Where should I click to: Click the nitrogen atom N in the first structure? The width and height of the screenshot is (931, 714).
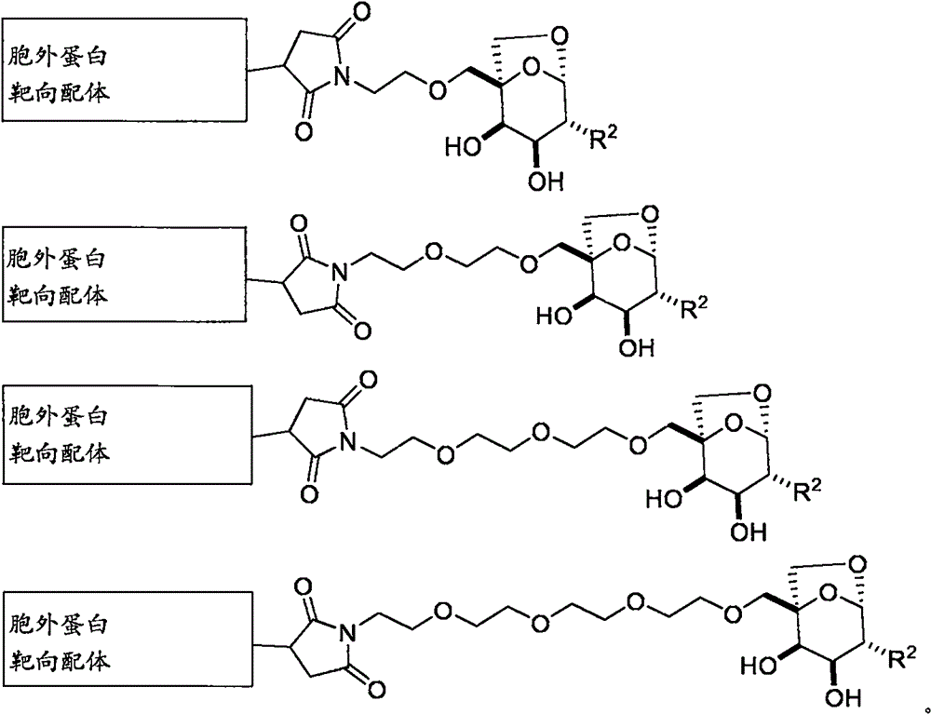click(340, 76)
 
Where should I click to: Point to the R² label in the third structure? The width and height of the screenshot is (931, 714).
click(806, 491)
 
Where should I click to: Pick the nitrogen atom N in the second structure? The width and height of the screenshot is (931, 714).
click(340, 274)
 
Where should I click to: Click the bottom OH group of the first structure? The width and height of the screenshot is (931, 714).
click(546, 181)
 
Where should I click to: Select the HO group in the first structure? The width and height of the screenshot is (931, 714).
click(463, 146)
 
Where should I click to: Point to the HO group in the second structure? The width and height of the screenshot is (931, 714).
click(555, 316)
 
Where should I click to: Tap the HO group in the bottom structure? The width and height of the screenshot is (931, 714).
click(759, 666)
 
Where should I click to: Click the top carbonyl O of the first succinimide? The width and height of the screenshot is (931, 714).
click(360, 11)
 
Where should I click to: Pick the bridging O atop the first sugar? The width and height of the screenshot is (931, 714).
click(558, 36)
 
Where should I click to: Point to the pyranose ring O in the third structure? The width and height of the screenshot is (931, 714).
click(735, 424)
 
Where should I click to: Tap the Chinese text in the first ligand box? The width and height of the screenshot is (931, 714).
click(58, 74)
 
